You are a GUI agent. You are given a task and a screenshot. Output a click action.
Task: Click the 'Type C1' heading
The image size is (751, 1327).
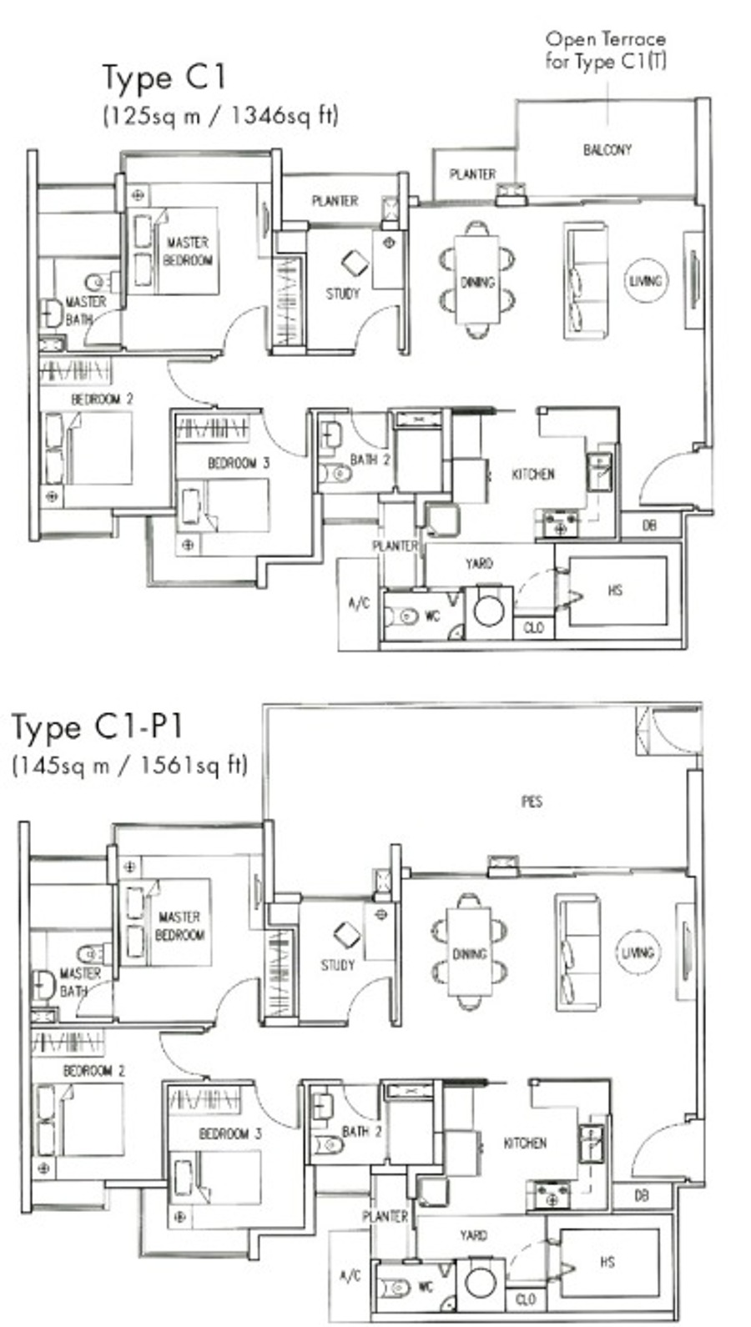164,78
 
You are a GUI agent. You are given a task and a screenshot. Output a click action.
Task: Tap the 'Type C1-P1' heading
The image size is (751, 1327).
97,727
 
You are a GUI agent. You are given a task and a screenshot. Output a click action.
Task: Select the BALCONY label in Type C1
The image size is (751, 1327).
607,150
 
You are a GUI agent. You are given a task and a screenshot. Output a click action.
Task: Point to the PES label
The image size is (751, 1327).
532,802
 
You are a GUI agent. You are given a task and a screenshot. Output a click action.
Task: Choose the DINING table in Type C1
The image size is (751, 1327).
477,279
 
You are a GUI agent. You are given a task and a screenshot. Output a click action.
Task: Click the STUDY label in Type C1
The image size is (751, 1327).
343,294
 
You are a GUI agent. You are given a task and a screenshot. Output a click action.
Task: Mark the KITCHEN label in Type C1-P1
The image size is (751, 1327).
525,1144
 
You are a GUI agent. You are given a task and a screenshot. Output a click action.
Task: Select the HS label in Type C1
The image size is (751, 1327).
615,591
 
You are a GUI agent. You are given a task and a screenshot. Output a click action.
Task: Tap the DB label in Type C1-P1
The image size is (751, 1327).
642,1196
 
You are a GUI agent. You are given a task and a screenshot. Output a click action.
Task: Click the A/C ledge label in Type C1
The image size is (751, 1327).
359,603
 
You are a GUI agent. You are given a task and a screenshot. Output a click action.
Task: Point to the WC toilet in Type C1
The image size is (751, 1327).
401,616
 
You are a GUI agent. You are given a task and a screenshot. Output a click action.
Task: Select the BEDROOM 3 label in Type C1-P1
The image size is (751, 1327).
230,1133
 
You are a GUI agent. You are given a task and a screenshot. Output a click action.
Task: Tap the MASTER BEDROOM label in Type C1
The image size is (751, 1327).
187,251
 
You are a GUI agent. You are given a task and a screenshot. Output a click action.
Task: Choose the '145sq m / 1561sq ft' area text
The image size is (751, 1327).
130,765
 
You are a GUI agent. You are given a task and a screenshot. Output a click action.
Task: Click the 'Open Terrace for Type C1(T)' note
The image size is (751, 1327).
606,50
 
